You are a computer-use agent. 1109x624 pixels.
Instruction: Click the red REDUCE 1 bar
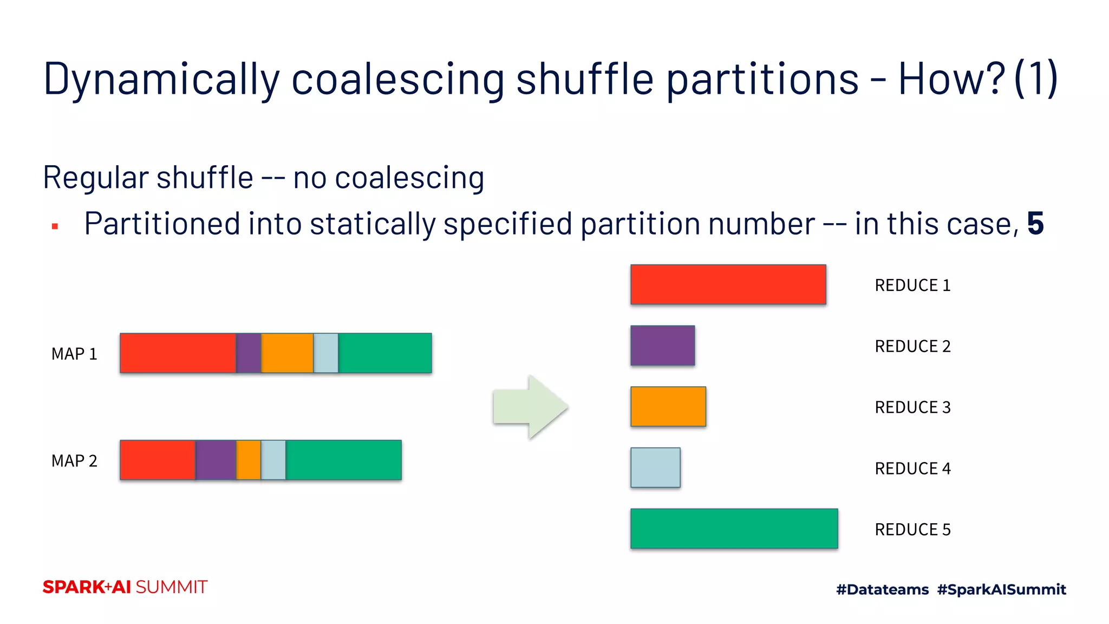[x=728, y=284]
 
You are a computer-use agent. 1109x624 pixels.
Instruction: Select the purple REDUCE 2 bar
[x=662, y=346]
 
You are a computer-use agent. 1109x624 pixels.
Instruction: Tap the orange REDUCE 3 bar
[x=668, y=406]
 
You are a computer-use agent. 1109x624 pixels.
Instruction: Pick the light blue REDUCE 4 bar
[x=655, y=467]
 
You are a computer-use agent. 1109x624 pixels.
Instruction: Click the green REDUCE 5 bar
[x=734, y=529]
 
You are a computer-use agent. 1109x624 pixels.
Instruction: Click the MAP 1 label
[x=74, y=354]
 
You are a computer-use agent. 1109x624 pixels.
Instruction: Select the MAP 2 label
[x=74, y=461]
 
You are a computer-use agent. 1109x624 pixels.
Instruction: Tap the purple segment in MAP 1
[x=249, y=353]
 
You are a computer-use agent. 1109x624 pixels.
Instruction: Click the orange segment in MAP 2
[x=249, y=460]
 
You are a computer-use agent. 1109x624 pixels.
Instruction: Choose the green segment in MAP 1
[x=385, y=353]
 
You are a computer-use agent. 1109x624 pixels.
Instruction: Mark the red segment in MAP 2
[x=158, y=460]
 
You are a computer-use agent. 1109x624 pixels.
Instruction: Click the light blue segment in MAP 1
[x=326, y=353]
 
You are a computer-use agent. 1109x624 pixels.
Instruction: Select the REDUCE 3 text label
[x=912, y=407]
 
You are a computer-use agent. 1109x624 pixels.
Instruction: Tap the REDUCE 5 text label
[x=912, y=529]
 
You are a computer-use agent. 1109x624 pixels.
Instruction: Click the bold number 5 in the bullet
[x=1035, y=224]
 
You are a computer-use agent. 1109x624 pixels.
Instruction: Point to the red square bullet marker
[x=55, y=226]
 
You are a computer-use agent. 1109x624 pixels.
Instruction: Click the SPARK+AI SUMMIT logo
[x=125, y=587]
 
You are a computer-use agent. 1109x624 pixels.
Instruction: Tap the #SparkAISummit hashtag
[x=1001, y=589]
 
